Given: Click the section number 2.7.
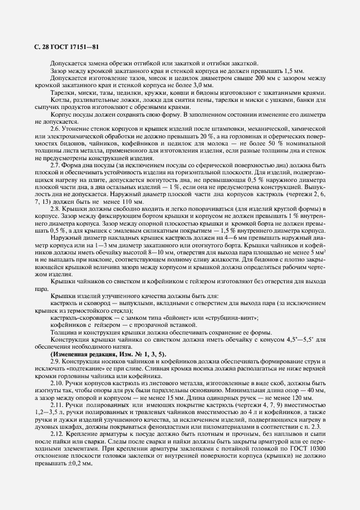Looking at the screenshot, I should (55, 165).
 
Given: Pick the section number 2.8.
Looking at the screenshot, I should (55, 209).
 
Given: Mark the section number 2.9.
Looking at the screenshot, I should (55, 362).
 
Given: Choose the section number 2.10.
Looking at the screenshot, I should (56, 385).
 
